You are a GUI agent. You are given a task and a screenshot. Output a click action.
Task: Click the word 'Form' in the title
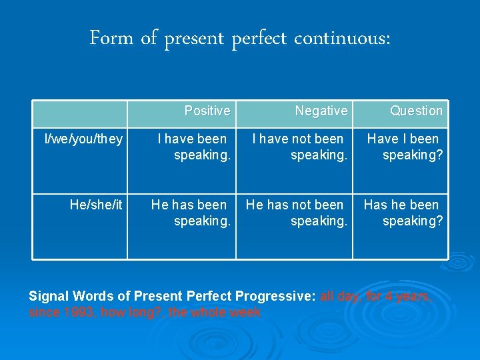111,39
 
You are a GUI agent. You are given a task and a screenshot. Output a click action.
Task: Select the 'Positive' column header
207,111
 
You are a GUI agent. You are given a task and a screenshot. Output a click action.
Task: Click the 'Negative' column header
321,111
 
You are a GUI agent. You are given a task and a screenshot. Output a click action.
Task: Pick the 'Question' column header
416,111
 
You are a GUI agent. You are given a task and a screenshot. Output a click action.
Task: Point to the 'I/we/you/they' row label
83,139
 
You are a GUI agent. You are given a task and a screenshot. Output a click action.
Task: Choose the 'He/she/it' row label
96,205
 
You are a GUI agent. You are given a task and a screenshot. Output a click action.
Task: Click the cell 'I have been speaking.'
194,147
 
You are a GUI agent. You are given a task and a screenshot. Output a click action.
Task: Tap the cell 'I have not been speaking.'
299,147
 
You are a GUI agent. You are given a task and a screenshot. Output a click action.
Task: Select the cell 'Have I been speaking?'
405,147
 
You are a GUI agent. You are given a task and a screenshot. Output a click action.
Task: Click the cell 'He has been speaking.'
191,213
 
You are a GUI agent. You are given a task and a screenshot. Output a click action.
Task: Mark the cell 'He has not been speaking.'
297,213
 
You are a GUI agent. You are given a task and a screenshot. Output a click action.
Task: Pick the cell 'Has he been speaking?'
403,213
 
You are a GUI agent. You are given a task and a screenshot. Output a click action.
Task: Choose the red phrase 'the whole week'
215,312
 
